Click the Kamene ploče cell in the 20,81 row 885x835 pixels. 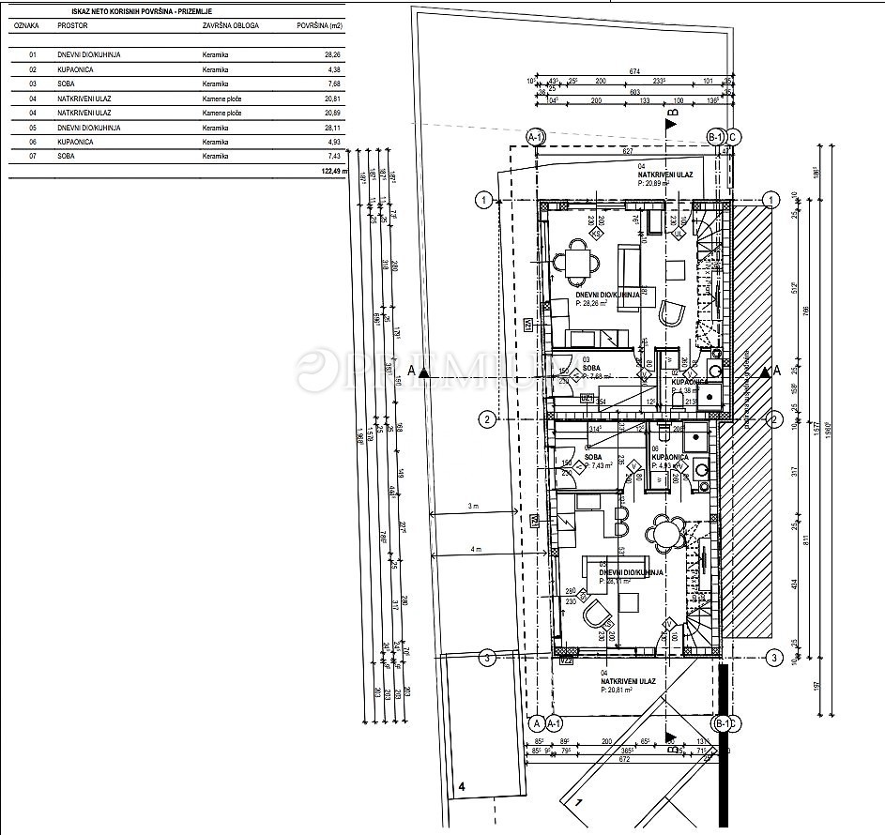point(222,99)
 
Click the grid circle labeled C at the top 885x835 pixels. point(734,137)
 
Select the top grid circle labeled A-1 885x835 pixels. point(536,137)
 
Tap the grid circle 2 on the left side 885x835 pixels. point(486,418)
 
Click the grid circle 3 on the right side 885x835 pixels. point(774,657)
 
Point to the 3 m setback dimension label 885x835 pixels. point(475,507)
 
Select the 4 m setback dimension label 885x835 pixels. point(476,548)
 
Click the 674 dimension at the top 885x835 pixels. point(634,71)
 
